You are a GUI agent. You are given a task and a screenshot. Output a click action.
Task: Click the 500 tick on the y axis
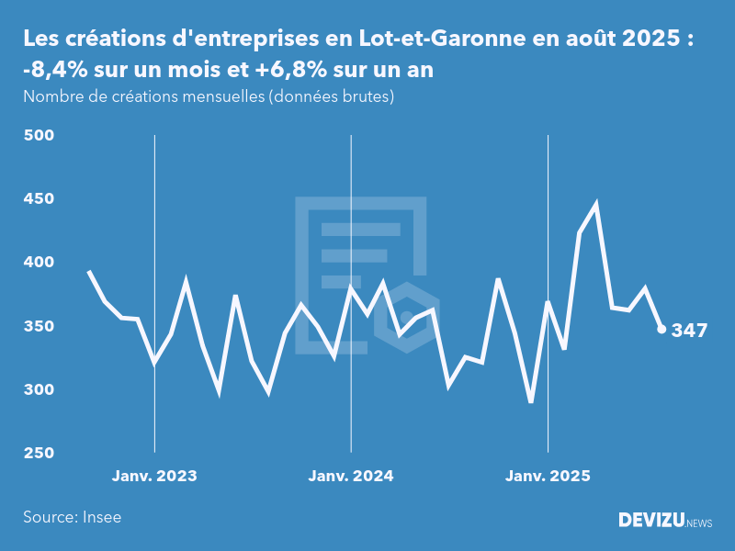(40, 136)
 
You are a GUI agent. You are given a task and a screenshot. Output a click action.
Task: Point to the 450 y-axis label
(40, 199)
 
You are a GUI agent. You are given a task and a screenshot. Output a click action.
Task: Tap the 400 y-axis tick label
(40, 263)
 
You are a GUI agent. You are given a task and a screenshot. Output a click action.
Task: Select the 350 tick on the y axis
(40, 326)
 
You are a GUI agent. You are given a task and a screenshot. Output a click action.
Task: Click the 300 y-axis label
(40, 389)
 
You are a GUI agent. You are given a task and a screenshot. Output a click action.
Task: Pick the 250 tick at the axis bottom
(40, 453)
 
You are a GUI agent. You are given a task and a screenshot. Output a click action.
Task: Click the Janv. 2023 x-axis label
(154, 476)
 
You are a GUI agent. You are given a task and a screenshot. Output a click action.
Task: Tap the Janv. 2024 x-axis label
(351, 476)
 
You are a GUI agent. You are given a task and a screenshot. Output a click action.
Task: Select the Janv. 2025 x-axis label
(548, 476)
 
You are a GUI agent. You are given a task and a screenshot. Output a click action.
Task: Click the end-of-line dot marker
(661, 329)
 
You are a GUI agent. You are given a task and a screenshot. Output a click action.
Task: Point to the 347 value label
(689, 331)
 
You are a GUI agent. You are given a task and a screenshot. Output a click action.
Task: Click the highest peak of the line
(596, 205)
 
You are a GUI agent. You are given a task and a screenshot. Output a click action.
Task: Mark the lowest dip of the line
(531, 401)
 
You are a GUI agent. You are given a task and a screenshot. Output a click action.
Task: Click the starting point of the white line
(88, 272)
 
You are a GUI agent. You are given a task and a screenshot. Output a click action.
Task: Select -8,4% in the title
(54, 69)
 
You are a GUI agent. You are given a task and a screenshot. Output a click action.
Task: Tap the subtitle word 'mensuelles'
(220, 96)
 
